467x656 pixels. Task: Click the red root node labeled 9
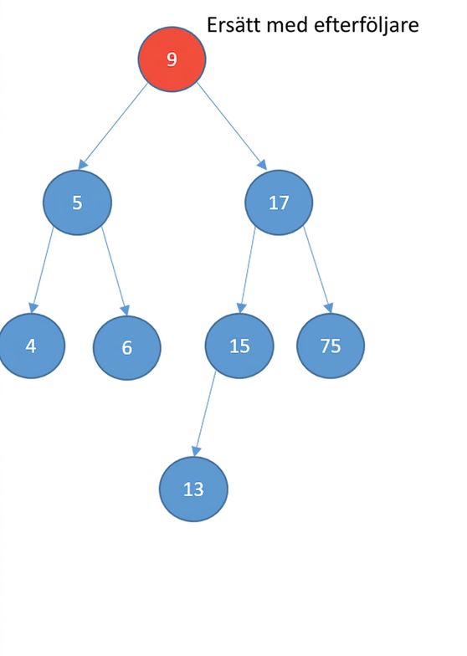(172, 59)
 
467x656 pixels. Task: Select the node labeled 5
(77, 202)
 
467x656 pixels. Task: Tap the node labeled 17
(279, 202)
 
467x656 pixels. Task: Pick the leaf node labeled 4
(32, 346)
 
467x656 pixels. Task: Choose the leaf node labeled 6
(127, 348)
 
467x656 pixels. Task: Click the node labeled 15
(239, 346)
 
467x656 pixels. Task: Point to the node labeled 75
(331, 346)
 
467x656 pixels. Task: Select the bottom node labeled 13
(193, 489)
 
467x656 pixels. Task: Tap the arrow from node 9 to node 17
(231, 126)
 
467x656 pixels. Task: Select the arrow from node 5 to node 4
(42, 269)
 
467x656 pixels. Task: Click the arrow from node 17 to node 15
(247, 269)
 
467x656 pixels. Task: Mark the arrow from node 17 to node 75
(318, 269)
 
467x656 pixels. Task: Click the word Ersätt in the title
(234, 25)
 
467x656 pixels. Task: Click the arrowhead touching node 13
(196, 451)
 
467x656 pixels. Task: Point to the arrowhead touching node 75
(328, 308)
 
